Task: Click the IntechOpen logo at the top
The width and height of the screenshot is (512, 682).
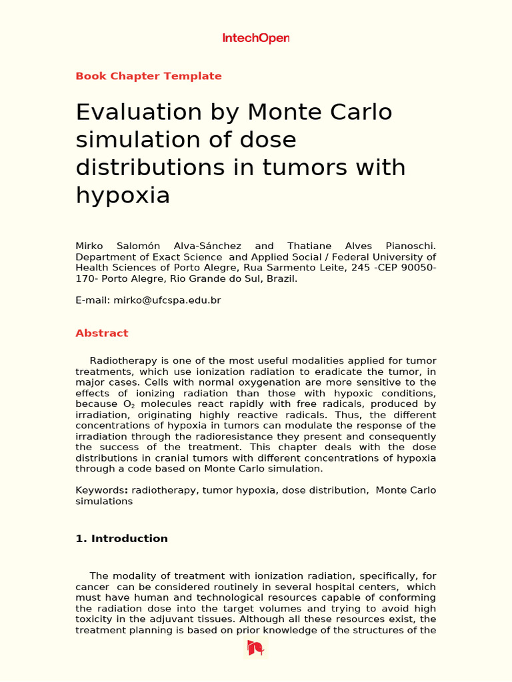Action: coord(255,39)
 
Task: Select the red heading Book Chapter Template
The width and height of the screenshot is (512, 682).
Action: coord(149,76)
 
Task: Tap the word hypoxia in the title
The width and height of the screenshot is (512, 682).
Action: coord(123,195)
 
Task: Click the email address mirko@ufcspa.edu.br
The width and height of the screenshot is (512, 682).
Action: coord(167,300)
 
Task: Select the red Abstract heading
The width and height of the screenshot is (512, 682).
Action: coord(102,333)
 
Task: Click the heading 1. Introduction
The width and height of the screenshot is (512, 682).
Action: coord(121,539)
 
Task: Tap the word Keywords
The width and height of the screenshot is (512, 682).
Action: coord(101,490)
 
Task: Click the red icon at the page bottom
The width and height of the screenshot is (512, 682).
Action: coord(255,647)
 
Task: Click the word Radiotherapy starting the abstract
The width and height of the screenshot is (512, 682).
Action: coord(123,361)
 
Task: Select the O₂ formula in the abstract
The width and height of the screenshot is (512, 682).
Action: coord(129,404)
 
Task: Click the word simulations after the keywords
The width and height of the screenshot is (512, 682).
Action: coord(104,501)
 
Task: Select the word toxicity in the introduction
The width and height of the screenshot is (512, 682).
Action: coord(96,619)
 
